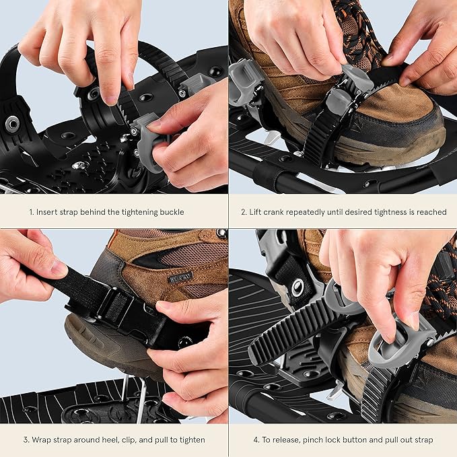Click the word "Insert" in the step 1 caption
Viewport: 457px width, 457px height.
50,212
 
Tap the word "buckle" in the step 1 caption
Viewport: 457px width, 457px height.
170,212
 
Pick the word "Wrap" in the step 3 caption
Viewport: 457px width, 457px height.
42,440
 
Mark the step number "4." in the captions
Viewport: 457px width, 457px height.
256,440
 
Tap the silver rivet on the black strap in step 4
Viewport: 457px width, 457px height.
296,287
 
